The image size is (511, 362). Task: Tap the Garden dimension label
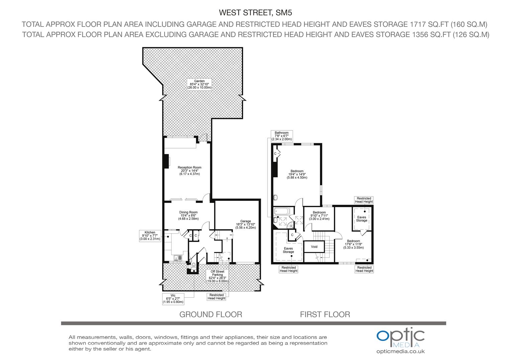[x=199, y=84]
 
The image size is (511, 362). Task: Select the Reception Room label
[x=189, y=171]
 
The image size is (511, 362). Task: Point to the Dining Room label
[x=188, y=215]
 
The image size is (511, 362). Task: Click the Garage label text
[x=245, y=224]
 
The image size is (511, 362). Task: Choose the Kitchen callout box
[x=150, y=236]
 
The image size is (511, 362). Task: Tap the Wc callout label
[x=173, y=299]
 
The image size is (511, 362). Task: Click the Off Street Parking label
[x=217, y=276]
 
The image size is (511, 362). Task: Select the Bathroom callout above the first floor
[x=282, y=136]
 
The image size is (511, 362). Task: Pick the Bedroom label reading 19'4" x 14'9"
[x=297, y=174]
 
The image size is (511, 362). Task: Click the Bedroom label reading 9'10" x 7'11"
[x=319, y=216]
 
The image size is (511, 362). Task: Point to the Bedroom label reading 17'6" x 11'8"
[x=353, y=244]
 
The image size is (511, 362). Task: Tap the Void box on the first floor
[x=314, y=247]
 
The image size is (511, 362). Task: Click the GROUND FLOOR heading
[x=211, y=314]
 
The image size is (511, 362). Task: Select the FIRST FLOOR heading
[x=325, y=314]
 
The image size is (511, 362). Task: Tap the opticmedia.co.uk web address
[x=400, y=351]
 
